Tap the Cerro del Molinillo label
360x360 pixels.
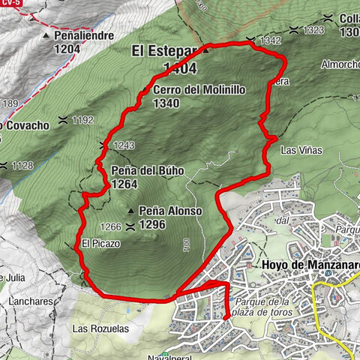(x=188, y=90)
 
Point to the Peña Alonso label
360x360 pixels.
(x=170, y=211)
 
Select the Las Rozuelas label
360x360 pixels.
(x=100, y=328)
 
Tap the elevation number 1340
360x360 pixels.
(x=166, y=103)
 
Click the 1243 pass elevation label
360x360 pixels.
(x=124, y=145)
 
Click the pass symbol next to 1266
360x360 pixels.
(x=131, y=226)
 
